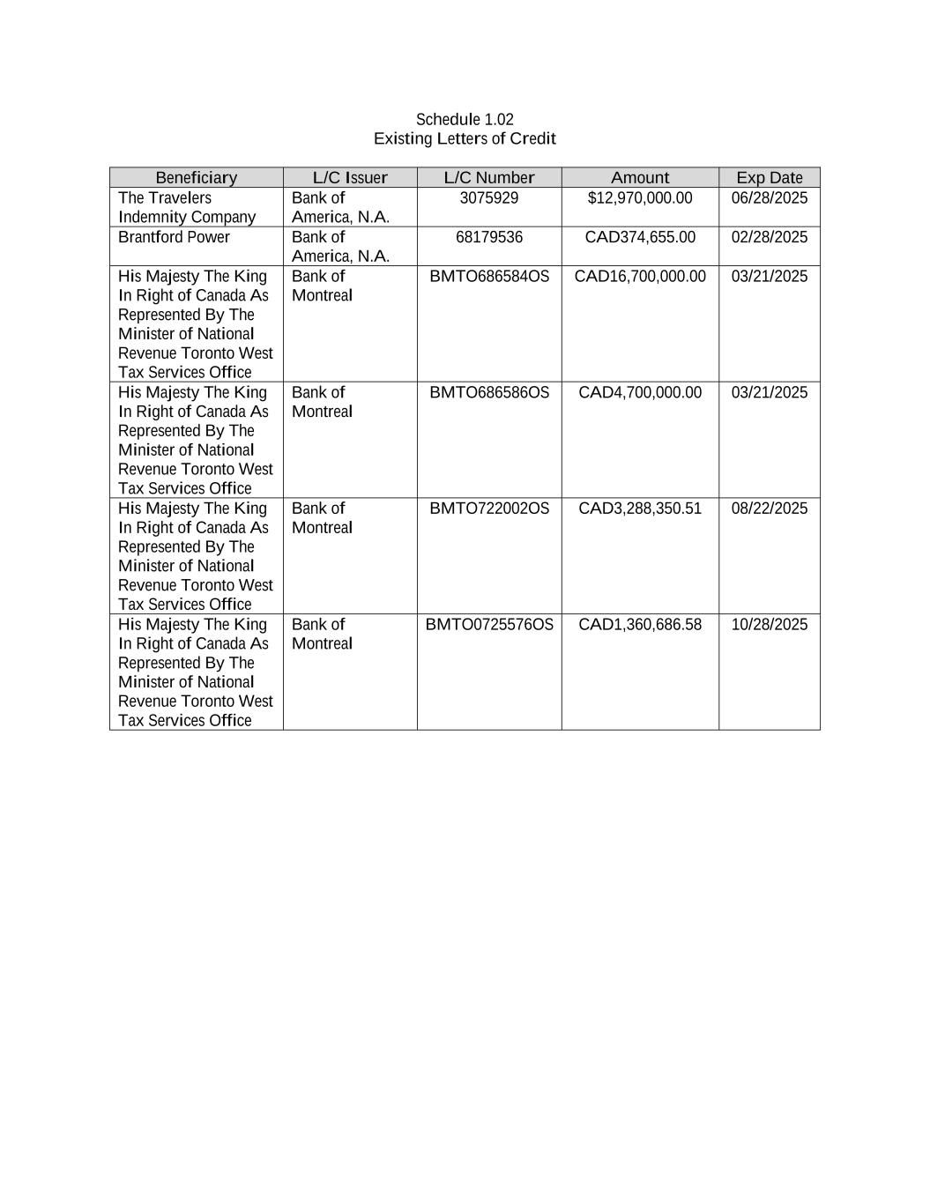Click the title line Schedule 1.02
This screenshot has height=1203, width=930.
pos(465,119)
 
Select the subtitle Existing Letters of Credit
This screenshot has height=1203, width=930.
pos(465,138)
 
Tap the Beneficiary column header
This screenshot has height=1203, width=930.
pos(197,177)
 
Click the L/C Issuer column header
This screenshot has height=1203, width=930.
pos(350,177)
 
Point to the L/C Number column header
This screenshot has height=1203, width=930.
pos(489,177)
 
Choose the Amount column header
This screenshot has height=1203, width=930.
pos(640,177)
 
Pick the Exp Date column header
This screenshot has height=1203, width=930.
pos(770,177)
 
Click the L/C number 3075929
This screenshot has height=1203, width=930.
pos(489,197)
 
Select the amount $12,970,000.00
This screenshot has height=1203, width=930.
pos(640,197)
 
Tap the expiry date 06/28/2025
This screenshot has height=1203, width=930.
pos(770,197)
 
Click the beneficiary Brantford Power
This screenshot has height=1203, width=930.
pos(174,237)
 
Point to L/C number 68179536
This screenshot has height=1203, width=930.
pos(489,237)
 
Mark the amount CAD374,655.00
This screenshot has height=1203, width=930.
pos(640,237)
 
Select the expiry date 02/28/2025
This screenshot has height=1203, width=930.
pos(770,237)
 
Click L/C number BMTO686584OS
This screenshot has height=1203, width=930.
pos(489,276)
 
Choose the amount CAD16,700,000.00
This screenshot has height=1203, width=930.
pos(640,276)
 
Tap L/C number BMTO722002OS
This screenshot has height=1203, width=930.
pos(489,509)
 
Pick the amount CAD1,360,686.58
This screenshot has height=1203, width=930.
pos(640,624)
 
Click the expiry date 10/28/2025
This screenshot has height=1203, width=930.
pos(770,624)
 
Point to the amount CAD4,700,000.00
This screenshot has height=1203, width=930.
pos(640,392)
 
